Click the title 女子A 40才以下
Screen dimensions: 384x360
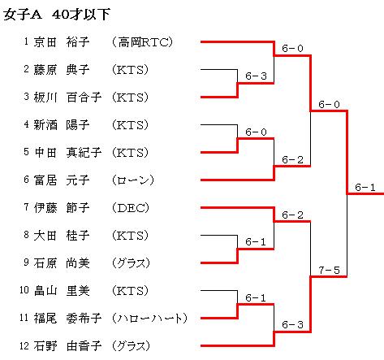[57, 15]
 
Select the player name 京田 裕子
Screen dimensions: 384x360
[62, 42]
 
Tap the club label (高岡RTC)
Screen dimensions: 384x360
[142, 42]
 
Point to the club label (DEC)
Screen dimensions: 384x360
[131, 208]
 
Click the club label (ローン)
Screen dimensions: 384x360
[133, 180]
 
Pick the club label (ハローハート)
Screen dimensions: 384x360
[149, 319]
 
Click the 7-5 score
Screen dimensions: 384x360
[329, 270]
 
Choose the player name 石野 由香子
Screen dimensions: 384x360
[67, 346]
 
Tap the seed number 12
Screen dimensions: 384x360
[24, 345]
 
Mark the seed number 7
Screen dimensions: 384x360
[26, 207]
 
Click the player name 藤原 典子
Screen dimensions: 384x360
[62, 70]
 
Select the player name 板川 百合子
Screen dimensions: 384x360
[67, 98]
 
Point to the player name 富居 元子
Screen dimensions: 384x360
[62, 180]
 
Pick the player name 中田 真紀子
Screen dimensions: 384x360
[67, 153]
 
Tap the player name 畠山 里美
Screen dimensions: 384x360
[62, 291]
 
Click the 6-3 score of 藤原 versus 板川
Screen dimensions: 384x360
[256, 76]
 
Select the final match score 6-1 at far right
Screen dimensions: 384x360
[365, 187]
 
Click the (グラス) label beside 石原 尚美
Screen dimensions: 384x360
[131, 263]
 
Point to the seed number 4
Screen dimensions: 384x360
[26, 124]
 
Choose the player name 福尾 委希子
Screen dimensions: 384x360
[67, 319]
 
